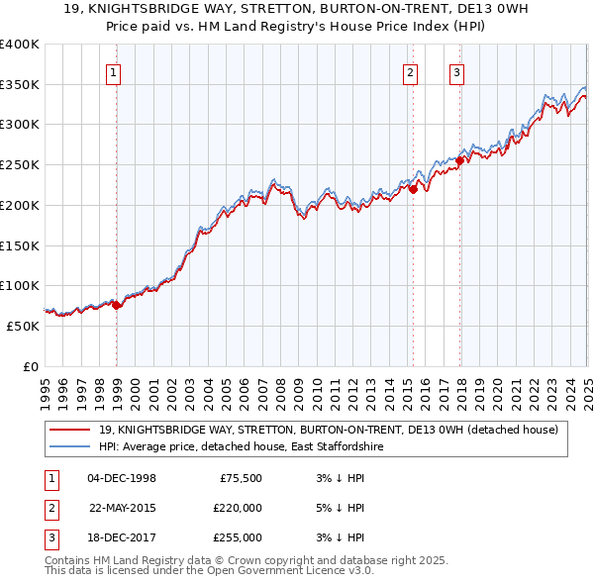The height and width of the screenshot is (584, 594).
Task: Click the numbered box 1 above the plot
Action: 114,71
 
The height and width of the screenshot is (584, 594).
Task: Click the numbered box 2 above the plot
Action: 410,71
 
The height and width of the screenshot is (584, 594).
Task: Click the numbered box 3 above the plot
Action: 456,71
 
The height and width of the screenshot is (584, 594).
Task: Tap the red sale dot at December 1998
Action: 117,305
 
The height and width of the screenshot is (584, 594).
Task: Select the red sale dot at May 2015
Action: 414,189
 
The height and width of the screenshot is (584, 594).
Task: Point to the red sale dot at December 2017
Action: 460,161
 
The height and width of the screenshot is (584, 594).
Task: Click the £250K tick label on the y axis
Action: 19,165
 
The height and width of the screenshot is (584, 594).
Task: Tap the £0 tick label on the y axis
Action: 30,366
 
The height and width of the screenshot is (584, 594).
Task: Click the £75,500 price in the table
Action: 239,478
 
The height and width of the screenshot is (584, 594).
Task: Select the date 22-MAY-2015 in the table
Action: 124,508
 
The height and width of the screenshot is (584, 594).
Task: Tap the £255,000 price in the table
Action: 238,537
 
